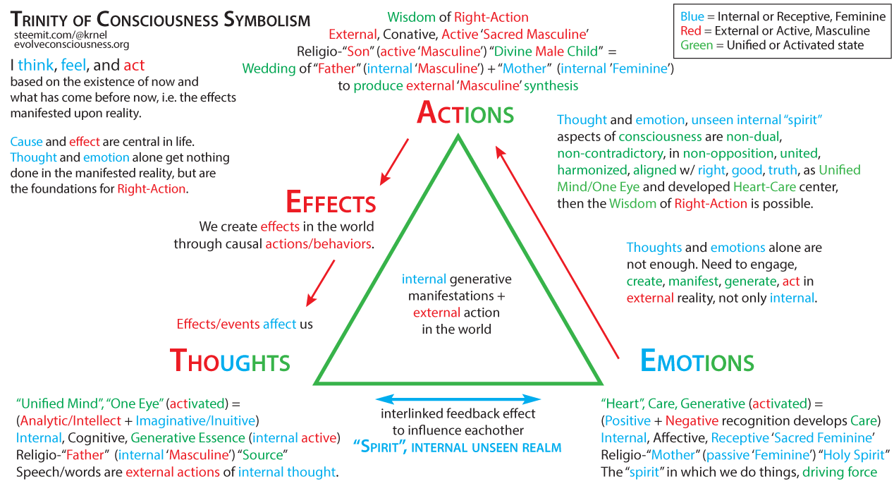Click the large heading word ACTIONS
(465, 113)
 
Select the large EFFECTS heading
(331, 202)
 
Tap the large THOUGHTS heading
(230, 361)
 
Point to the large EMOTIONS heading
(697, 361)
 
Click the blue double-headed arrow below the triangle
(459, 399)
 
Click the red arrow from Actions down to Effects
(395, 160)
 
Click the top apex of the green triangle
(458, 138)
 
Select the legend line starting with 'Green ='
(772, 45)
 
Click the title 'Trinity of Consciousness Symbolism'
(160, 19)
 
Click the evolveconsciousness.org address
(71, 44)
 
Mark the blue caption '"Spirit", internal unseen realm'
(458, 447)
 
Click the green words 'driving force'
(840, 472)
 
